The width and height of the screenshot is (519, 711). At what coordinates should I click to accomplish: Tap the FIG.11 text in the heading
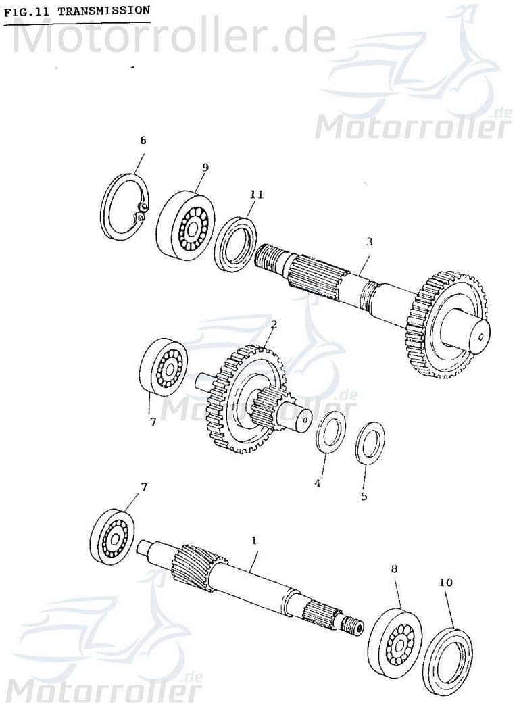tap(28, 11)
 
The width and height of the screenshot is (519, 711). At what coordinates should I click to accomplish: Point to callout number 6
tap(143, 141)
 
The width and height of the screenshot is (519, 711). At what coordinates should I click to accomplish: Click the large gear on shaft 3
tap(446, 325)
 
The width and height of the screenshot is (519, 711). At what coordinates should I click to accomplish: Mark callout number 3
tap(369, 241)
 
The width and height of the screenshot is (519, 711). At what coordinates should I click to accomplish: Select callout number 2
tap(273, 324)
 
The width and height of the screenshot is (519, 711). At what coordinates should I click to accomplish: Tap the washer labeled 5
tap(370, 443)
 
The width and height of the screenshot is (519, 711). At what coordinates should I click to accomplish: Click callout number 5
tap(364, 496)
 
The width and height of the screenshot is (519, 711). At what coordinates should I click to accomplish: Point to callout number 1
tap(254, 541)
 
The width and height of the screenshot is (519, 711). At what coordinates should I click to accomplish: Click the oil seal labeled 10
tap(447, 661)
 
